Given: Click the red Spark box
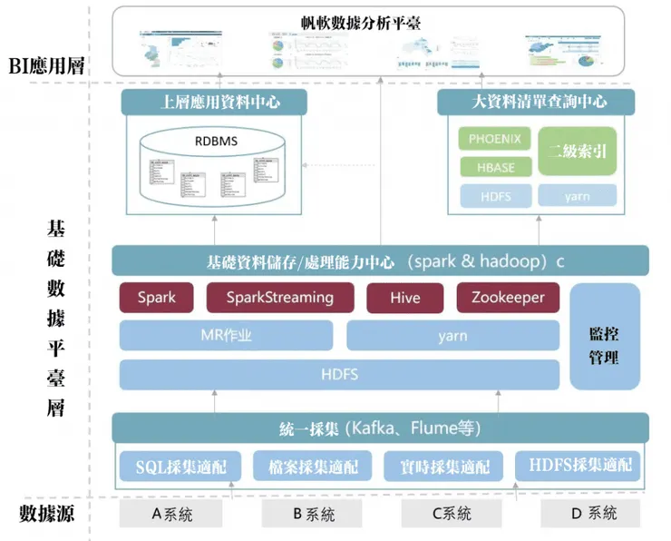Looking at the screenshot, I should point(157,298).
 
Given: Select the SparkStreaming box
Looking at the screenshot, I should point(280,298).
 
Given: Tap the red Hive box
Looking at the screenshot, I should point(405,298).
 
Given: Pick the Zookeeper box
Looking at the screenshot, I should point(508,298).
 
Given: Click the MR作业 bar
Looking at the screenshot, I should point(226,336).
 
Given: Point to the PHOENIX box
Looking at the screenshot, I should point(495,140).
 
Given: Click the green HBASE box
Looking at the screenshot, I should point(495,167).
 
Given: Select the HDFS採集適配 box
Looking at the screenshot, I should point(574,466).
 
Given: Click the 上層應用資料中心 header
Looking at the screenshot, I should point(220,102).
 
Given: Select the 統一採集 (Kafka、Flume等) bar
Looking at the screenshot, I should point(381,427).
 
